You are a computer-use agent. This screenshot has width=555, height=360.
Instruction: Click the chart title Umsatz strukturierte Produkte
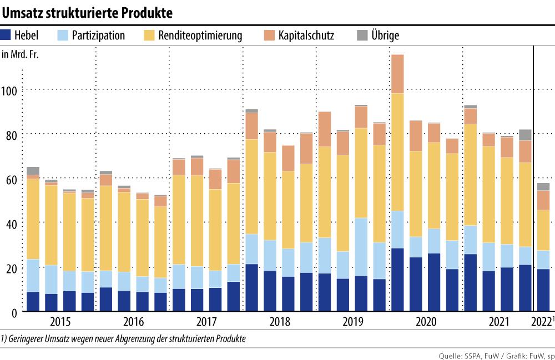(x=88, y=12)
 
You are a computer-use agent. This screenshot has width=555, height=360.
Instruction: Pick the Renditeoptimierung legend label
(x=200, y=36)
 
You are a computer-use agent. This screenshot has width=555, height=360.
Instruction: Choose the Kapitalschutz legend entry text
(x=306, y=36)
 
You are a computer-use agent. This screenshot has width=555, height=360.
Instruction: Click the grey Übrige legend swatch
(x=362, y=36)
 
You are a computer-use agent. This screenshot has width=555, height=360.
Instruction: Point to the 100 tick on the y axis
(x=11, y=90)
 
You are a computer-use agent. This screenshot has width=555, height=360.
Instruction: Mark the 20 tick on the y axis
(x=11, y=268)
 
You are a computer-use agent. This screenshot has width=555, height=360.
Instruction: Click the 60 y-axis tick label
(x=11, y=179)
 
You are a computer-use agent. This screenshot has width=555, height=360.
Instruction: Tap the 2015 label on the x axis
(x=60, y=322)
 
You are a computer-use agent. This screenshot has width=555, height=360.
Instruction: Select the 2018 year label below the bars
(x=280, y=322)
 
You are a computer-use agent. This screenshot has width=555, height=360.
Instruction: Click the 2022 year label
(x=541, y=322)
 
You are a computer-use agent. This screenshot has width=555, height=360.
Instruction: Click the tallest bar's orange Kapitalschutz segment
(x=397, y=74)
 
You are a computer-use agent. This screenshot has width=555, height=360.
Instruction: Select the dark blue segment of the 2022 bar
(x=543, y=290)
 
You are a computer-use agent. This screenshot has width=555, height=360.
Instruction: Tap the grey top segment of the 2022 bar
(x=543, y=186)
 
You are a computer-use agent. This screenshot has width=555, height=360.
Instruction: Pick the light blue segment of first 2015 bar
(x=33, y=275)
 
